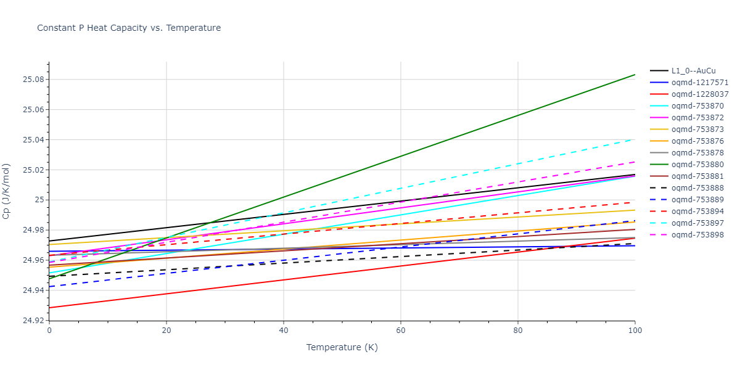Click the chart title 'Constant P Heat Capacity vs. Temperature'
click(129, 28)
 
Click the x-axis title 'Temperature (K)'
click(342, 347)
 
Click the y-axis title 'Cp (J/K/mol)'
click(7, 191)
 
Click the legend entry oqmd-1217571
click(700, 83)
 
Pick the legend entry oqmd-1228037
click(700, 94)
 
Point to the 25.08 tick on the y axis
click(31, 80)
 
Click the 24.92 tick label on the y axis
click(31, 321)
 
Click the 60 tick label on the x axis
click(401, 331)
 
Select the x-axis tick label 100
click(635, 331)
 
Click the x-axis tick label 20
click(166, 331)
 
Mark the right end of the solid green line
click(635, 75)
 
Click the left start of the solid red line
click(49, 308)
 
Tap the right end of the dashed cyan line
click(635, 139)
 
